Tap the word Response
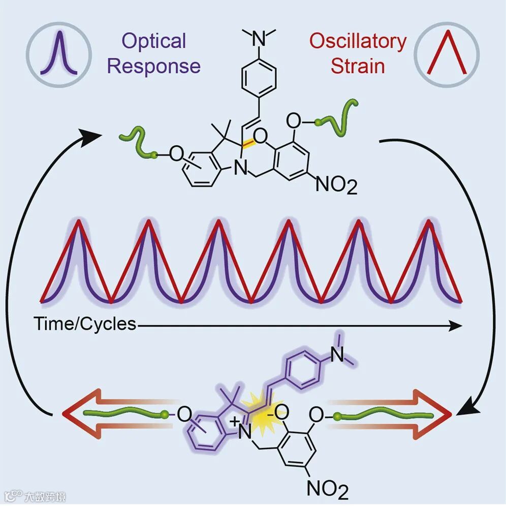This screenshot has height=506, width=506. pos(154,66)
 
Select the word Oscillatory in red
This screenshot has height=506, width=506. pos(358,41)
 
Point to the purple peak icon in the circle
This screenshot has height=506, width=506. pos(60,53)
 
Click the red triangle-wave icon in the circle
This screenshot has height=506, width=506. pos(447,53)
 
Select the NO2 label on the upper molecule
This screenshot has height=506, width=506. pos(336,185)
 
